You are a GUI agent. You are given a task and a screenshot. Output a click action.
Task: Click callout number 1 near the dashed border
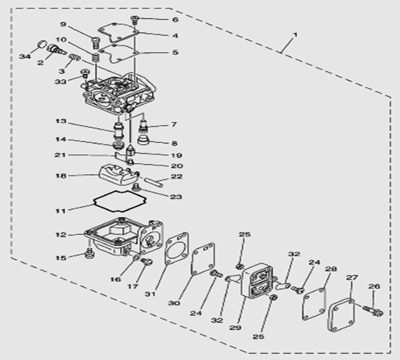(295, 34)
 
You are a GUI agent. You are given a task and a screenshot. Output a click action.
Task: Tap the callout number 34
(25, 56)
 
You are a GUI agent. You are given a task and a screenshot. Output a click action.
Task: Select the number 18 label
(61, 176)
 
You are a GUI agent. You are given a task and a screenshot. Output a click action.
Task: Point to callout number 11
(61, 211)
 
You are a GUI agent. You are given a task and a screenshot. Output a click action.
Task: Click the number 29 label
(235, 328)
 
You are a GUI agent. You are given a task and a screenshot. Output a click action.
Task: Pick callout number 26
(374, 287)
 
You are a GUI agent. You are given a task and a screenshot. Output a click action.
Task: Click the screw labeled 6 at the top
(135, 20)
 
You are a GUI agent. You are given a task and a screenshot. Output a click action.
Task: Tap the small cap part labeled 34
(42, 44)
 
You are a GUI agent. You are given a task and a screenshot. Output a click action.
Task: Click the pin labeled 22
(154, 182)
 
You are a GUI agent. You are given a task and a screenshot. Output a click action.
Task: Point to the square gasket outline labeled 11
(120, 201)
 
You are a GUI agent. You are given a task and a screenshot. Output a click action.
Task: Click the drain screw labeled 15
(89, 253)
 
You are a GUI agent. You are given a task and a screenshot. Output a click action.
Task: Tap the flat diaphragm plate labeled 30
(203, 259)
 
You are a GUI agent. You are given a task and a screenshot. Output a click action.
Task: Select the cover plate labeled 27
(341, 315)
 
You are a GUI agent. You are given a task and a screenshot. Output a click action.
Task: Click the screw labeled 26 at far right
(373, 311)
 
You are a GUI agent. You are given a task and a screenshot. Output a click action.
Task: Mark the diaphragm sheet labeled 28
(314, 304)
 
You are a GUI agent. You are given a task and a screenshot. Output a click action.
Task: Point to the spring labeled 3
(75, 57)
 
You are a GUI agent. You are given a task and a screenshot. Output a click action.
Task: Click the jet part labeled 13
(118, 130)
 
